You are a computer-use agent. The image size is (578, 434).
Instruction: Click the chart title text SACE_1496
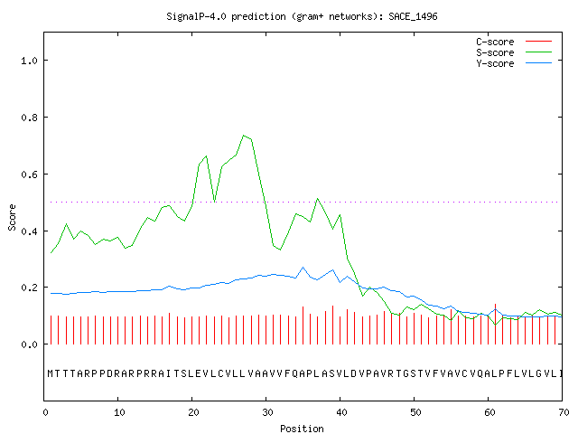point(413,16)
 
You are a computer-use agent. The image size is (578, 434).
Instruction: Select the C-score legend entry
point(514,42)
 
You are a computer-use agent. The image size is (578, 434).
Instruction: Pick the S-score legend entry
point(514,52)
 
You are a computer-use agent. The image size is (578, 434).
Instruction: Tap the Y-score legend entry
point(514,63)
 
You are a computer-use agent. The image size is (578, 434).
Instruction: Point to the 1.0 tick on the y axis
point(29,61)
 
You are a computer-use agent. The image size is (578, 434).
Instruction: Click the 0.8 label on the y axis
point(29,118)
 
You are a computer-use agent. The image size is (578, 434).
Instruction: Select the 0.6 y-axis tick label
point(29,175)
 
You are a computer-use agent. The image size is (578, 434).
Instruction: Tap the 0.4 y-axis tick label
point(29,231)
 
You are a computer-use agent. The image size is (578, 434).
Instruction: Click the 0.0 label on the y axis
point(29,344)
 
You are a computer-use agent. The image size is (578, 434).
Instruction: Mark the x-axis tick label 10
point(119,412)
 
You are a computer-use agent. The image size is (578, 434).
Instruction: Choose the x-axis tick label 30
point(267,412)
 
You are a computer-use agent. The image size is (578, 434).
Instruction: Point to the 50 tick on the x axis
point(415,412)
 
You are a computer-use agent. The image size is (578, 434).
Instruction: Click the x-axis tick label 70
point(564,412)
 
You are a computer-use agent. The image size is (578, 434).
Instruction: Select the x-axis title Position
point(302,429)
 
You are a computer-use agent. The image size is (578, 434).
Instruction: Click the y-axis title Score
point(12,217)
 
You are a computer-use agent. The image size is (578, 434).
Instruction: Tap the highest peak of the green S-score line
point(244,136)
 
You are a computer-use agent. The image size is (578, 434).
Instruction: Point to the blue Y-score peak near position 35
point(303,268)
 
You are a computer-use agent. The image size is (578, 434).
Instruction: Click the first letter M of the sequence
point(51,373)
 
